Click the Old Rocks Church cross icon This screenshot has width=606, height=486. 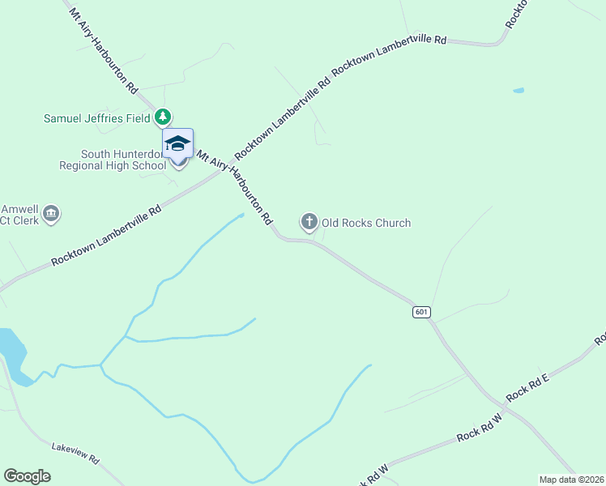click(x=309, y=221)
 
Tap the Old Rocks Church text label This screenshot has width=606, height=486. click(x=366, y=223)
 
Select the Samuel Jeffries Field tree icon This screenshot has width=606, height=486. click(x=164, y=117)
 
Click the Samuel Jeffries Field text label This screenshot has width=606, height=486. click(x=97, y=118)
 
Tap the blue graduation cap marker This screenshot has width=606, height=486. click(x=178, y=144)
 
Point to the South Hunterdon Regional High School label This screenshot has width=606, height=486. click(x=113, y=160)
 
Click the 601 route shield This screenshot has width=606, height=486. click(x=420, y=312)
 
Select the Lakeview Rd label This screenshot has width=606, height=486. click(x=75, y=453)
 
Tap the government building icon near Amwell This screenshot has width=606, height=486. click(x=51, y=213)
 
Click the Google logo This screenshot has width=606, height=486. click(x=27, y=476)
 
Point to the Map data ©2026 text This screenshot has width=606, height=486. click(x=570, y=479)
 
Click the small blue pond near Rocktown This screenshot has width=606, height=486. click(x=519, y=90)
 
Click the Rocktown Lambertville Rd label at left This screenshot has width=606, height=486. click(x=105, y=236)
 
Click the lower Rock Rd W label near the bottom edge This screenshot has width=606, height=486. click(x=373, y=474)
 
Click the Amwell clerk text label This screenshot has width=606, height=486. click(x=19, y=214)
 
